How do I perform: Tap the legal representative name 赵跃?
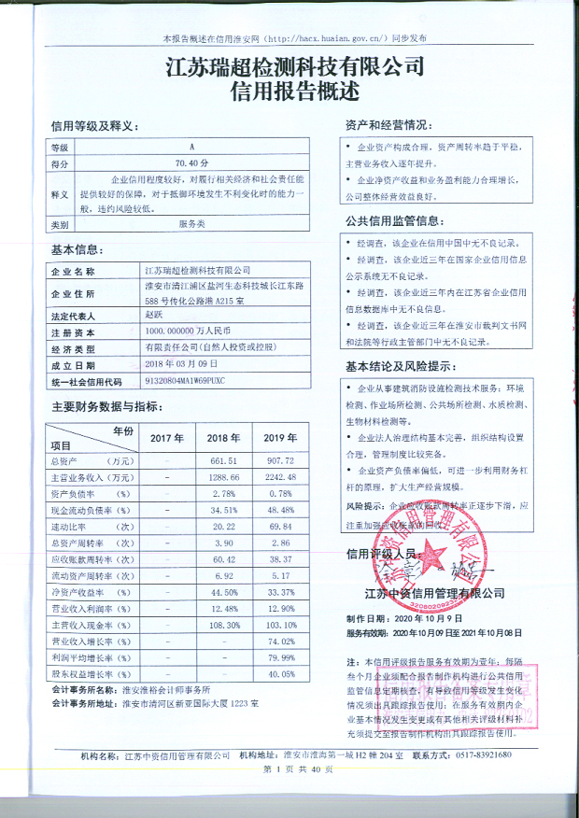click(x=153, y=317)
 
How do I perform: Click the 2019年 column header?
click(x=278, y=437)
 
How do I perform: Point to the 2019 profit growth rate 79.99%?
click(x=280, y=657)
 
